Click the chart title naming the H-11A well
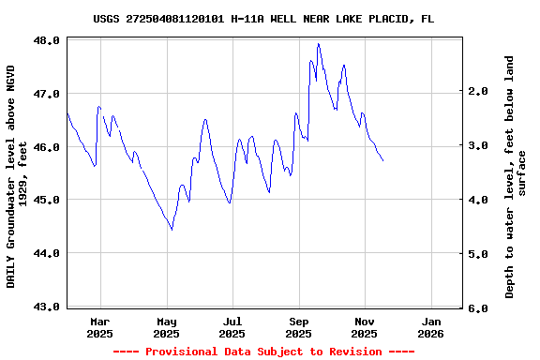tap(263, 19)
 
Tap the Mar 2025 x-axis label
tap(100, 327)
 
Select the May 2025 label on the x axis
tap(166, 327)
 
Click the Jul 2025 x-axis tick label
tap(232, 327)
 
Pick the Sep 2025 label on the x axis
tap(298, 327)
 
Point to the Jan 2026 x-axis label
tap(430, 327)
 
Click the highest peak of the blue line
tap(319, 44)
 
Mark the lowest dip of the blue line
tap(172, 229)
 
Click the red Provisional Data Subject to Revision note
tap(263, 352)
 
